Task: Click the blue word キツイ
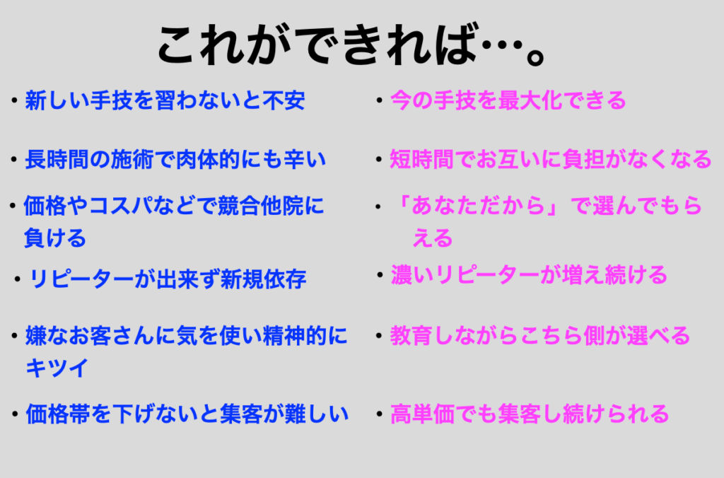click(57, 368)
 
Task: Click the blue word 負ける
click(55, 238)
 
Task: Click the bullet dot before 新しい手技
click(14, 100)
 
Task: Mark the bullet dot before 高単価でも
click(379, 414)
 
